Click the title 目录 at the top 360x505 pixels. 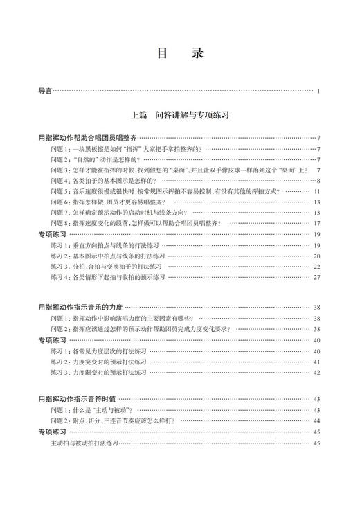click(179, 54)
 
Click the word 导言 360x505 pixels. click(46, 91)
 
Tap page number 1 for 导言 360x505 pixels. click(318, 91)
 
